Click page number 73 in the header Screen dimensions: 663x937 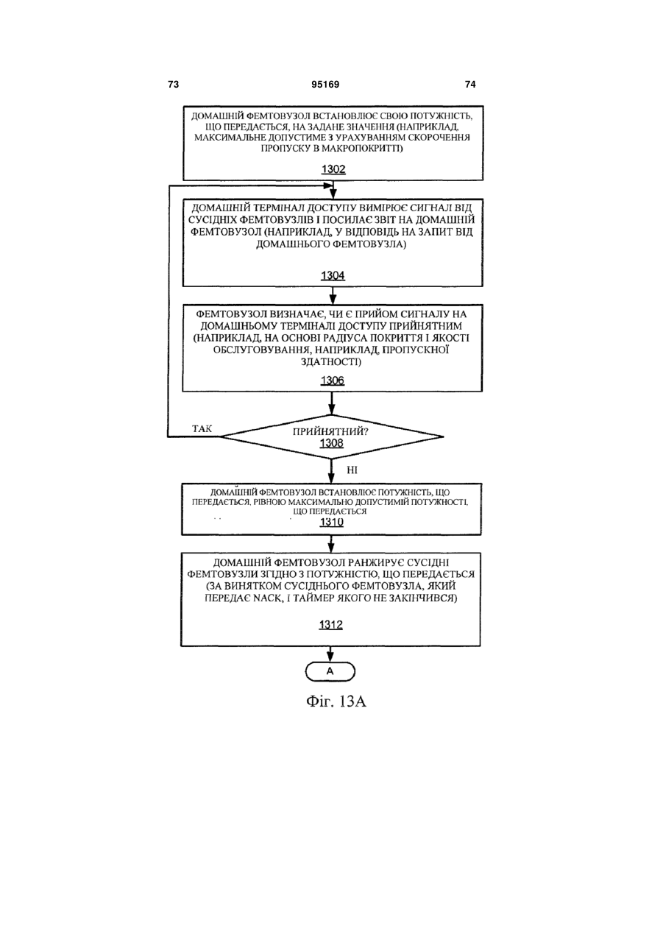pyautogui.click(x=173, y=85)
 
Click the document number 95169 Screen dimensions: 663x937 pyautogui.click(x=325, y=85)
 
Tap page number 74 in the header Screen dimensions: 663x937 pyautogui.click(x=470, y=85)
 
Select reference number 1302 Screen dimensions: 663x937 pyautogui.click(x=333, y=169)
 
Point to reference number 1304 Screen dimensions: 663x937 pyautogui.click(x=333, y=275)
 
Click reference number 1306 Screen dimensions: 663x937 pyautogui.click(x=333, y=381)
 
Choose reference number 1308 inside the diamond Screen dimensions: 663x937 pyautogui.click(x=332, y=443)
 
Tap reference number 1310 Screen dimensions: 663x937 pyautogui.click(x=332, y=522)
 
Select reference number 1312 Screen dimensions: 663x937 pyautogui.click(x=331, y=624)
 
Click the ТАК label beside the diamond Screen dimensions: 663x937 pyautogui.click(x=202, y=429)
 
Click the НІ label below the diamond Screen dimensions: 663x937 pyautogui.click(x=352, y=470)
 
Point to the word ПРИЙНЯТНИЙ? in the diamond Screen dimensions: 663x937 pyautogui.click(x=330, y=431)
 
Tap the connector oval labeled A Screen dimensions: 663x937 pyautogui.click(x=330, y=672)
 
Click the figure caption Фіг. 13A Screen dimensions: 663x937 pyautogui.click(x=336, y=701)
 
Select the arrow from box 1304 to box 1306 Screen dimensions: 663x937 pyautogui.click(x=333, y=295)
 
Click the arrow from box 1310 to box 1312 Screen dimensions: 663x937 pyautogui.click(x=331, y=544)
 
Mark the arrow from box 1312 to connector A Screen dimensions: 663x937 pyautogui.click(x=330, y=654)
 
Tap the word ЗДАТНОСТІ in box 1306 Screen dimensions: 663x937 pyautogui.click(x=331, y=361)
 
